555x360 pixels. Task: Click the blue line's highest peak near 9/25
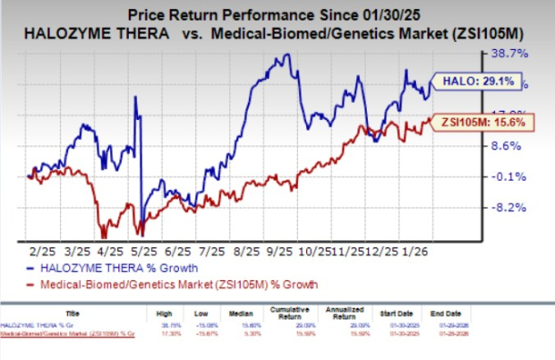[286, 56]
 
